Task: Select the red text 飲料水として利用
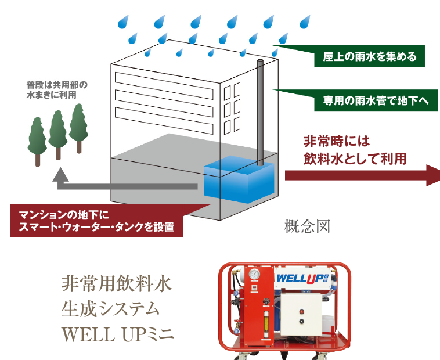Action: (x=355, y=158)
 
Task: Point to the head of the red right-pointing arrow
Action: (x=432, y=175)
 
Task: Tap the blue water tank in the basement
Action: (x=237, y=180)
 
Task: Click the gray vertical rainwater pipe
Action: (x=259, y=110)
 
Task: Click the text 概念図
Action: (x=307, y=226)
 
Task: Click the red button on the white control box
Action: (x=301, y=309)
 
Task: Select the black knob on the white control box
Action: (x=301, y=320)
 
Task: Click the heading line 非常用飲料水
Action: (x=117, y=285)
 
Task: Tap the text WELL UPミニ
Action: (x=117, y=336)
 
